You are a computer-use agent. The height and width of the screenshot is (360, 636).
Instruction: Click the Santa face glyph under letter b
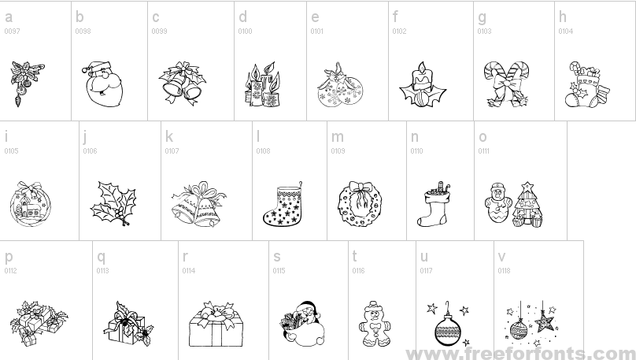(x=102, y=84)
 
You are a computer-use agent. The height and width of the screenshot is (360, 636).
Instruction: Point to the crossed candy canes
(x=507, y=84)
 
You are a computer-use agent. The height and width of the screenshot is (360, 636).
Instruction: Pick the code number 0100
(x=245, y=32)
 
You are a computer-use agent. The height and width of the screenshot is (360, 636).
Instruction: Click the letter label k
(x=168, y=137)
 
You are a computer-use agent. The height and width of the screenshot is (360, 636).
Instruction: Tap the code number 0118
(x=504, y=271)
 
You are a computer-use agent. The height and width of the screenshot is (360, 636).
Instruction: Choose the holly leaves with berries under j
(x=113, y=204)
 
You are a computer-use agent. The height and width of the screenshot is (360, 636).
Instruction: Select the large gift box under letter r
(x=216, y=324)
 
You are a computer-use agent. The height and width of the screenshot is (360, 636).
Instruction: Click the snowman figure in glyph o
(x=497, y=203)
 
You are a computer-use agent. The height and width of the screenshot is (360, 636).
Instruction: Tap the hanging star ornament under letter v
(x=544, y=321)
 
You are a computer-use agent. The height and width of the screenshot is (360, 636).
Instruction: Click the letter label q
(x=101, y=258)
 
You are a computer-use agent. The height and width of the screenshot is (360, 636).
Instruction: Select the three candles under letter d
(x=262, y=84)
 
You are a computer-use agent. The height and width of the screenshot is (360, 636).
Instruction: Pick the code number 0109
(x=338, y=151)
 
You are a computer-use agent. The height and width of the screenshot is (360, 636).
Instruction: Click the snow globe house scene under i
(x=31, y=204)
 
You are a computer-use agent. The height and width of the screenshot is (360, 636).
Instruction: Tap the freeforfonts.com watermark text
(x=521, y=353)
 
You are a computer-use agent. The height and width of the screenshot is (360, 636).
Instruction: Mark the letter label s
(x=277, y=257)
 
